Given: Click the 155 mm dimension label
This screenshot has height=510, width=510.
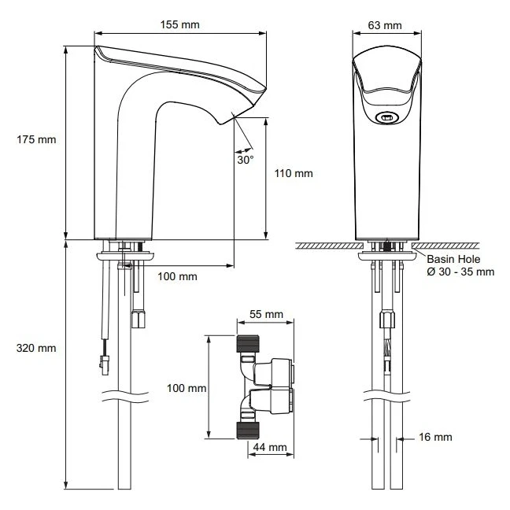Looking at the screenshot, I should click(179, 24).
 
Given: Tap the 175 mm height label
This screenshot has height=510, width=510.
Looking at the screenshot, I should click(37, 140).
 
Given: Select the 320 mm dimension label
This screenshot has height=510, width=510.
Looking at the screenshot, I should click(37, 347).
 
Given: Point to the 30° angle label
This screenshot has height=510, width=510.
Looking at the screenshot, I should click(246, 159).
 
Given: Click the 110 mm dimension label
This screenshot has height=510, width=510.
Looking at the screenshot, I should click(294, 173).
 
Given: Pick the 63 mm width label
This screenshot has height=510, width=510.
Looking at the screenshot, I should click(385, 24).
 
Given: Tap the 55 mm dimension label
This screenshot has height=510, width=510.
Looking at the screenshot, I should click(265, 314).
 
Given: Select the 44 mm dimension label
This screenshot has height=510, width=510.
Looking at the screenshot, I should click(266, 447).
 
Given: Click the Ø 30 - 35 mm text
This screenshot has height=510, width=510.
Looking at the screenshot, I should click(460, 272).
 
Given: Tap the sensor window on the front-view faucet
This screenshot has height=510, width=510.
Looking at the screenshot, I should click(386, 118).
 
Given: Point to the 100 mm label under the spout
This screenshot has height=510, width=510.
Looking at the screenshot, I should click(177, 276).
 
